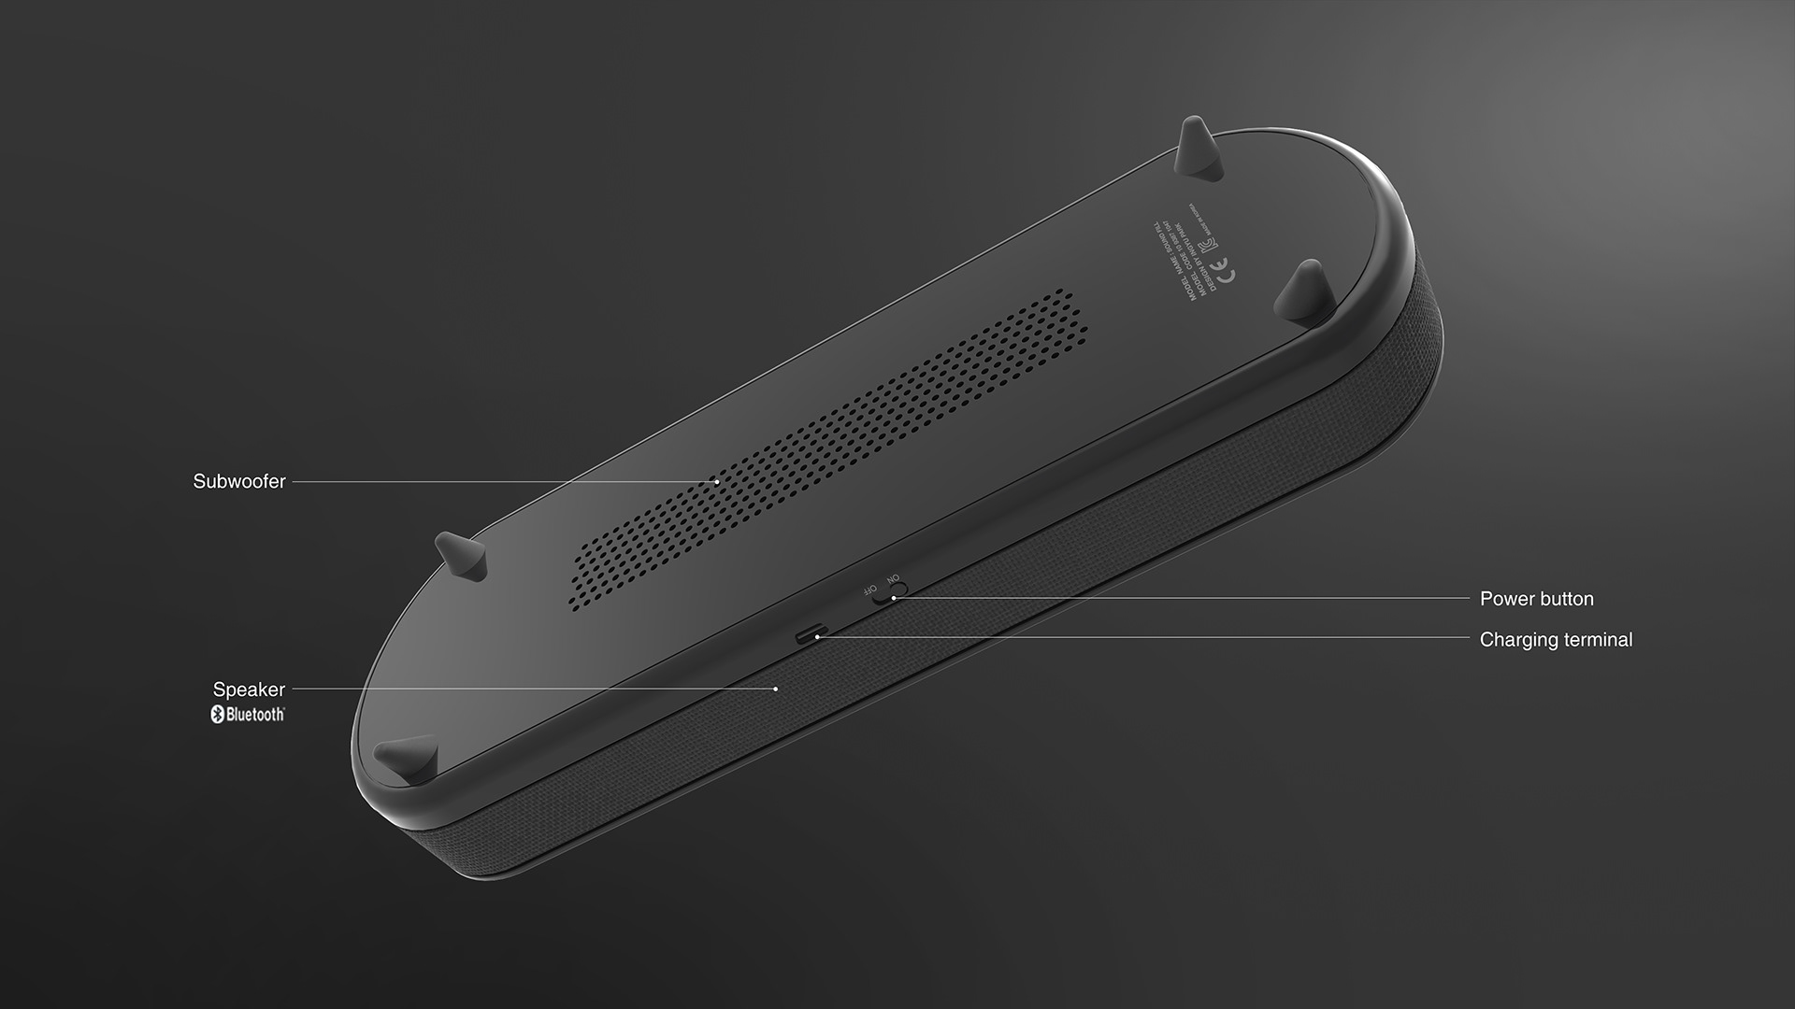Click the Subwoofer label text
tap(239, 482)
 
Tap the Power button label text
tap(1536, 599)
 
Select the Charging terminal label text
tap(1556, 640)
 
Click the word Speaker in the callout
tap(249, 689)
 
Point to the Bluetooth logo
tap(247, 715)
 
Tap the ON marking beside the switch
tap(893, 579)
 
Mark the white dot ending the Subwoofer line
tap(717, 482)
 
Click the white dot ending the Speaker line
tap(776, 689)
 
